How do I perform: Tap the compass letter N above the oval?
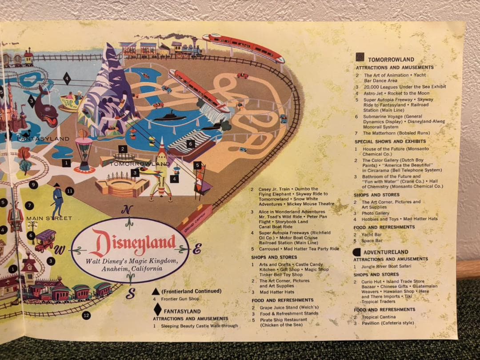(128, 210)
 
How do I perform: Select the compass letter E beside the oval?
(196, 249)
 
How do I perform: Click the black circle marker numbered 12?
(86, 316)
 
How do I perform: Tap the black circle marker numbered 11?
(69, 191)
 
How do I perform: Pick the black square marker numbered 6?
(190, 144)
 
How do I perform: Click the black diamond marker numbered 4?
(67, 79)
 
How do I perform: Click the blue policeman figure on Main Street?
(57, 200)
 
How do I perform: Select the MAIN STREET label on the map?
(49, 218)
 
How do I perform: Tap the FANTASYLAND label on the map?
(43, 139)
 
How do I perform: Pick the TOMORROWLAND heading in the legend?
(391, 60)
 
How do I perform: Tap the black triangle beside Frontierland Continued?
(156, 292)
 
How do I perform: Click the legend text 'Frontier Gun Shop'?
(180, 299)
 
